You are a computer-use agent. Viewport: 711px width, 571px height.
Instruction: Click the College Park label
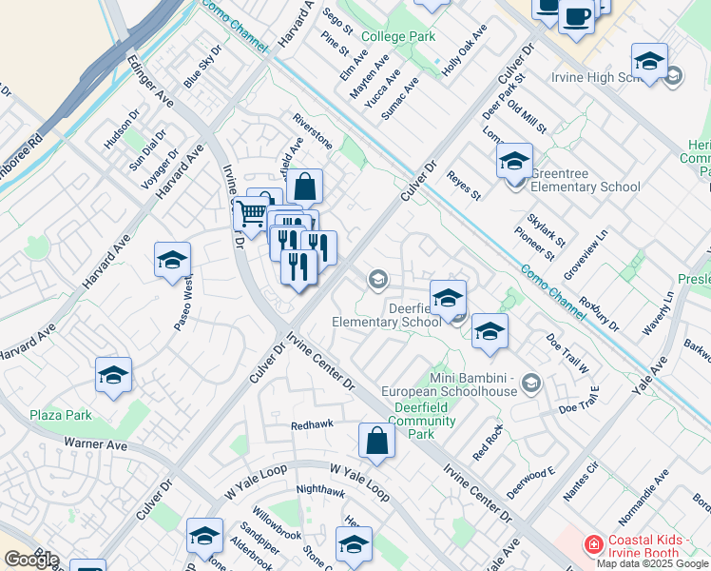(x=396, y=37)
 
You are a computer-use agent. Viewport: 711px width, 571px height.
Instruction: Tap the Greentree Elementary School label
(x=586, y=187)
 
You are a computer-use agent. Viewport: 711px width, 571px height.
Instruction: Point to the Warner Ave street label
(x=95, y=443)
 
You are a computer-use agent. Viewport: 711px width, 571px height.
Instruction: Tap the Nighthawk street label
(x=320, y=490)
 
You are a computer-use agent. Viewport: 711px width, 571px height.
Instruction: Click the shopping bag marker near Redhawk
(x=377, y=441)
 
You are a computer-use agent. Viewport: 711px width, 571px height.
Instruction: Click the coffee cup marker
(x=576, y=15)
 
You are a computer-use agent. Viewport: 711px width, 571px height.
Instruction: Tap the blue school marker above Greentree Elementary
(x=514, y=160)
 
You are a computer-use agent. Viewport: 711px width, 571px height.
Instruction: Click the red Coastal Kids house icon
(x=593, y=545)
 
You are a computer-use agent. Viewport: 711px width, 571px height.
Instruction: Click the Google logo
(x=31, y=560)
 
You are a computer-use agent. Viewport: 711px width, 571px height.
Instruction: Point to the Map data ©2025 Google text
(x=653, y=563)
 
